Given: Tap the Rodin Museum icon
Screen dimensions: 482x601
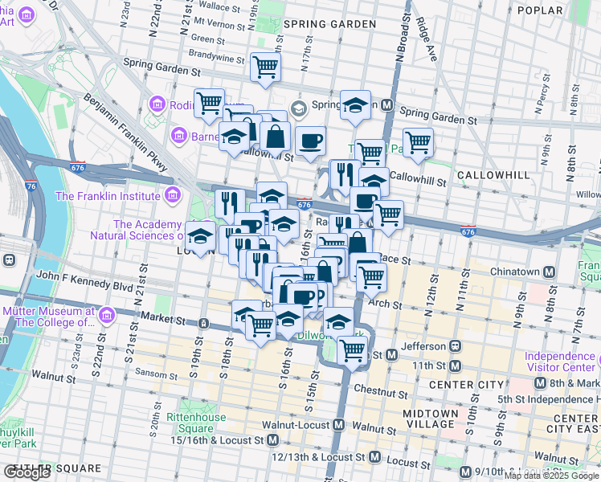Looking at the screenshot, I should click(x=157, y=105).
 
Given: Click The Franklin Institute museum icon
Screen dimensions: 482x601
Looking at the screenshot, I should click(x=172, y=195).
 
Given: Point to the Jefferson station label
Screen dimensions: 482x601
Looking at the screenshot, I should click(x=423, y=346).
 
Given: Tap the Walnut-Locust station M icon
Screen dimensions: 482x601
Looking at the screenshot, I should click(x=339, y=424).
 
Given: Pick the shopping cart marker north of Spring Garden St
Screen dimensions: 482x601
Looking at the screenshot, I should click(x=265, y=67).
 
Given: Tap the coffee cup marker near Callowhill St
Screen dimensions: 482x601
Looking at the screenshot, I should click(x=310, y=142).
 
